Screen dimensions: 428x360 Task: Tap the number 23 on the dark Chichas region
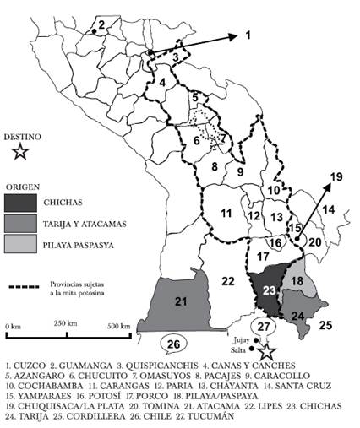click(x=269, y=290)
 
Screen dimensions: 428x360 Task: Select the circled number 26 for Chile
click(x=174, y=343)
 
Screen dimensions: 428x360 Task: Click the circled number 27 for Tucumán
click(x=265, y=327)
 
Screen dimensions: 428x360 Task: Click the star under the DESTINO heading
click(x=21, y=152)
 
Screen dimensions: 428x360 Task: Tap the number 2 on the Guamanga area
click(x=101, y=24)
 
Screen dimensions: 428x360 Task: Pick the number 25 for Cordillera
click(x=325, y=322)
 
